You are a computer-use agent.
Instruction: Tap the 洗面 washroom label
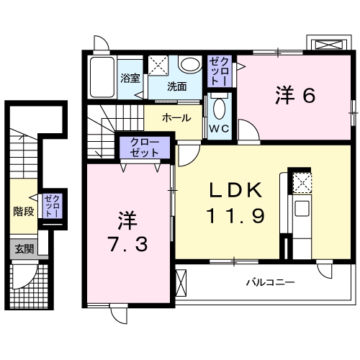coord(177,86)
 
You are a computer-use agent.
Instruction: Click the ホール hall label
coord(176,117)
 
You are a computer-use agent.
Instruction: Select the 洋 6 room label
coord(295,95)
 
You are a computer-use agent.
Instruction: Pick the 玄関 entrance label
coord(24,249)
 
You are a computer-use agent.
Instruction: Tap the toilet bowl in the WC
coord(220,108)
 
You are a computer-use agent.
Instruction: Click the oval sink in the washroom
coord(191,65)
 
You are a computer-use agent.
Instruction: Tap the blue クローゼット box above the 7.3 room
coord(145,148)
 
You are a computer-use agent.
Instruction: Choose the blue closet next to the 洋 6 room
coord(219,71)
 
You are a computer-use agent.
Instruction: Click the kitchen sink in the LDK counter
coord(302,210)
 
